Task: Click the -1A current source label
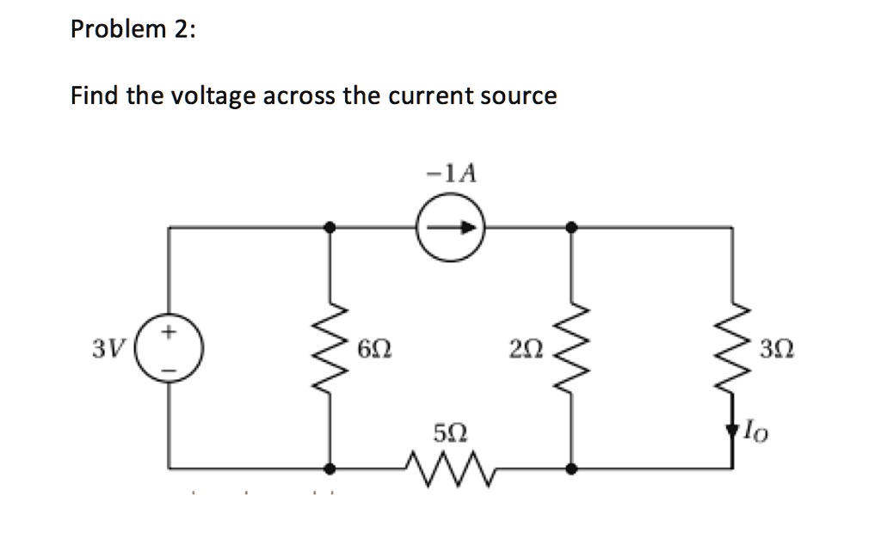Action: [x=451, y=175]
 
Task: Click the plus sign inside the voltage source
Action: [x=169, y=329]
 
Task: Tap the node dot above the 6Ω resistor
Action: [x=330, y=228]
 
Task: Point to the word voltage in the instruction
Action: [x=211, y=96]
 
